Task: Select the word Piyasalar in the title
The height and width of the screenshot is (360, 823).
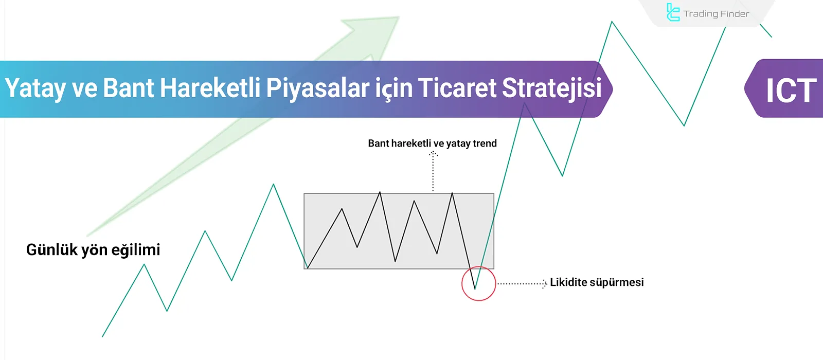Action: tap(317, 88)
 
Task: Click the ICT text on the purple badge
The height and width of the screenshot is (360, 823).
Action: tap(791, 91)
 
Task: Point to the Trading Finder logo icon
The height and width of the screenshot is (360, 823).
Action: tap(673, 12)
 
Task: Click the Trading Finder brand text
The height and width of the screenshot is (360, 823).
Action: tap(716, 14)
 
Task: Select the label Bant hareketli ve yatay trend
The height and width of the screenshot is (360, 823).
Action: tap(432, 143)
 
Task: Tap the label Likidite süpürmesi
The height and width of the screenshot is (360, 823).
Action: tap(597, 282)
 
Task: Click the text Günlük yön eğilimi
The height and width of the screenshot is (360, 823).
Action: tap(93, 250)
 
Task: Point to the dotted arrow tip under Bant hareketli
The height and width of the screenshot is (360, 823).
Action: tap(433, 153)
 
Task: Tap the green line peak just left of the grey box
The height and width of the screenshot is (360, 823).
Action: tap(273, 185)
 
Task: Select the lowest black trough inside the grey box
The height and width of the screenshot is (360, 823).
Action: tap(395, 261)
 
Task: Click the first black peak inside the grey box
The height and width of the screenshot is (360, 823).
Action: tap(342, 209)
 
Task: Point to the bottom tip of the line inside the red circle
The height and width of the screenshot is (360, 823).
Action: tap(475, 289)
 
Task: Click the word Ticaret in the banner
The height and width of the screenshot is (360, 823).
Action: tap(457, 88)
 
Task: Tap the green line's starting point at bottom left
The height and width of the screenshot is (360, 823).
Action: tap(103, 336)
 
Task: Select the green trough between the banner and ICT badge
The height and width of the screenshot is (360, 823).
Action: tap(684, 125)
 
